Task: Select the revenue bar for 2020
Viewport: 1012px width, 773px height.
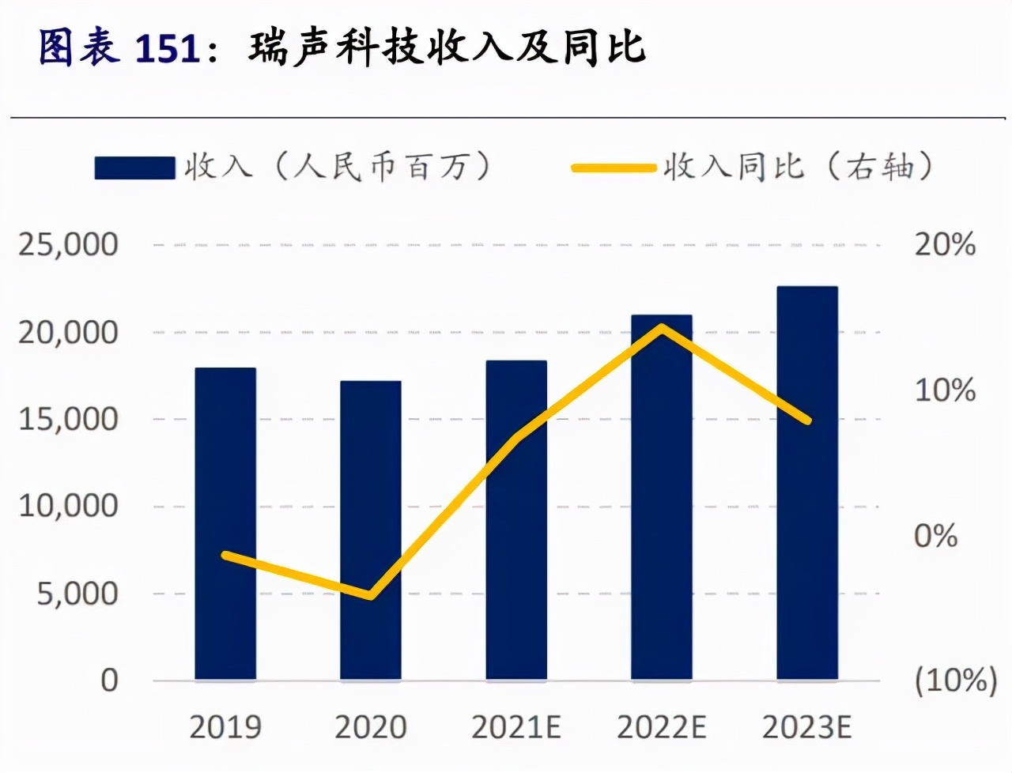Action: tap(371, 530)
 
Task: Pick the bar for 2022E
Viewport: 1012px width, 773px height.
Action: tap(662, 497)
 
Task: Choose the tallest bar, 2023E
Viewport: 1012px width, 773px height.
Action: tap(807, 483)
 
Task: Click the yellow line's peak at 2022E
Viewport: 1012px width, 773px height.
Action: tap(663, 326)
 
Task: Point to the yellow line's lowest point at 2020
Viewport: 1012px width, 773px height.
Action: tap(371, 595)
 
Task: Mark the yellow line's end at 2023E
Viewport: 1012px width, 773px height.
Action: tap(807, 420)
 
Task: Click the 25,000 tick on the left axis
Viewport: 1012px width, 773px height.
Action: tap(69, 245)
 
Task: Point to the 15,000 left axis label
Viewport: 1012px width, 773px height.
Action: tap(69, 419)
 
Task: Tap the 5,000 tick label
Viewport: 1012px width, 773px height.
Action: tap(77, 594)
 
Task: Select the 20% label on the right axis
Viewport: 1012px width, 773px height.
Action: tap(945, 245)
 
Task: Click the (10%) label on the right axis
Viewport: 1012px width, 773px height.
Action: tap(955, 681)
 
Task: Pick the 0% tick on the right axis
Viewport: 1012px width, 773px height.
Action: tap(936, 536)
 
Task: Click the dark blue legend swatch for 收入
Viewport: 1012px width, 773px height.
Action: tap(134, 168)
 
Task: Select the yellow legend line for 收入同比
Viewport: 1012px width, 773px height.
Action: tap(614, 168)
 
